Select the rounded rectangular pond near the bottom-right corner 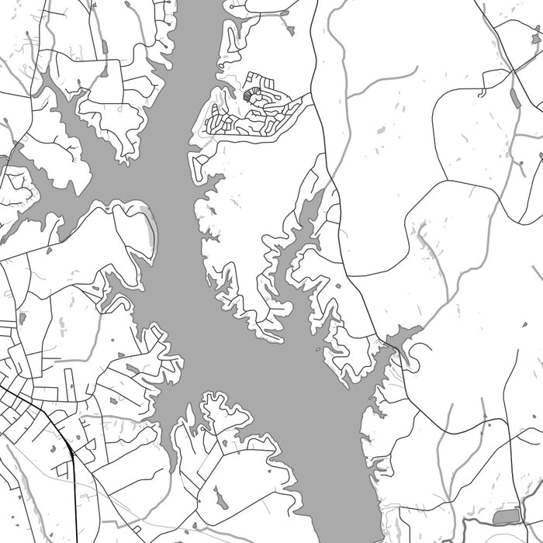(508, 516)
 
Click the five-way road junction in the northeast (512, 71)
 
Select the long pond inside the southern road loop (220, 496)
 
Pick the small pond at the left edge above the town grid (22, 317)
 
